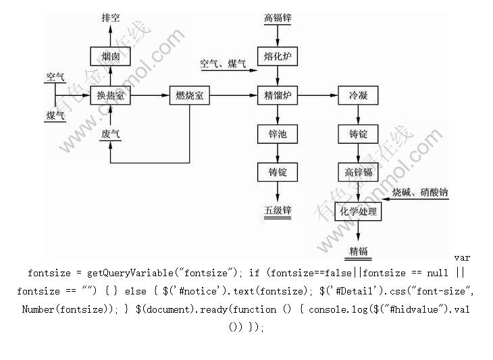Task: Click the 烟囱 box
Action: pos(111,57)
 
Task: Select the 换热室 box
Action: pos(111,96)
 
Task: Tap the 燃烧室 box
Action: pos(189,96)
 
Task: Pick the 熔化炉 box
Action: pos(278,57)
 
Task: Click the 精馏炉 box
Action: pos(278,96)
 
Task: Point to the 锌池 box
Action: pos(278,134)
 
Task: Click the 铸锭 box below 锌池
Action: pos(278,173)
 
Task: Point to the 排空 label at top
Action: pos(111,18)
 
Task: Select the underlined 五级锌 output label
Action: pos(278,211)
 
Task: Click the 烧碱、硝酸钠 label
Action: pos(419,193)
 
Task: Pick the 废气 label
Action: pos(111,135)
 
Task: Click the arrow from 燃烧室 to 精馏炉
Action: pos(234,96)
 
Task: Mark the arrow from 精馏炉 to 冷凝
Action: pos(317,96)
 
